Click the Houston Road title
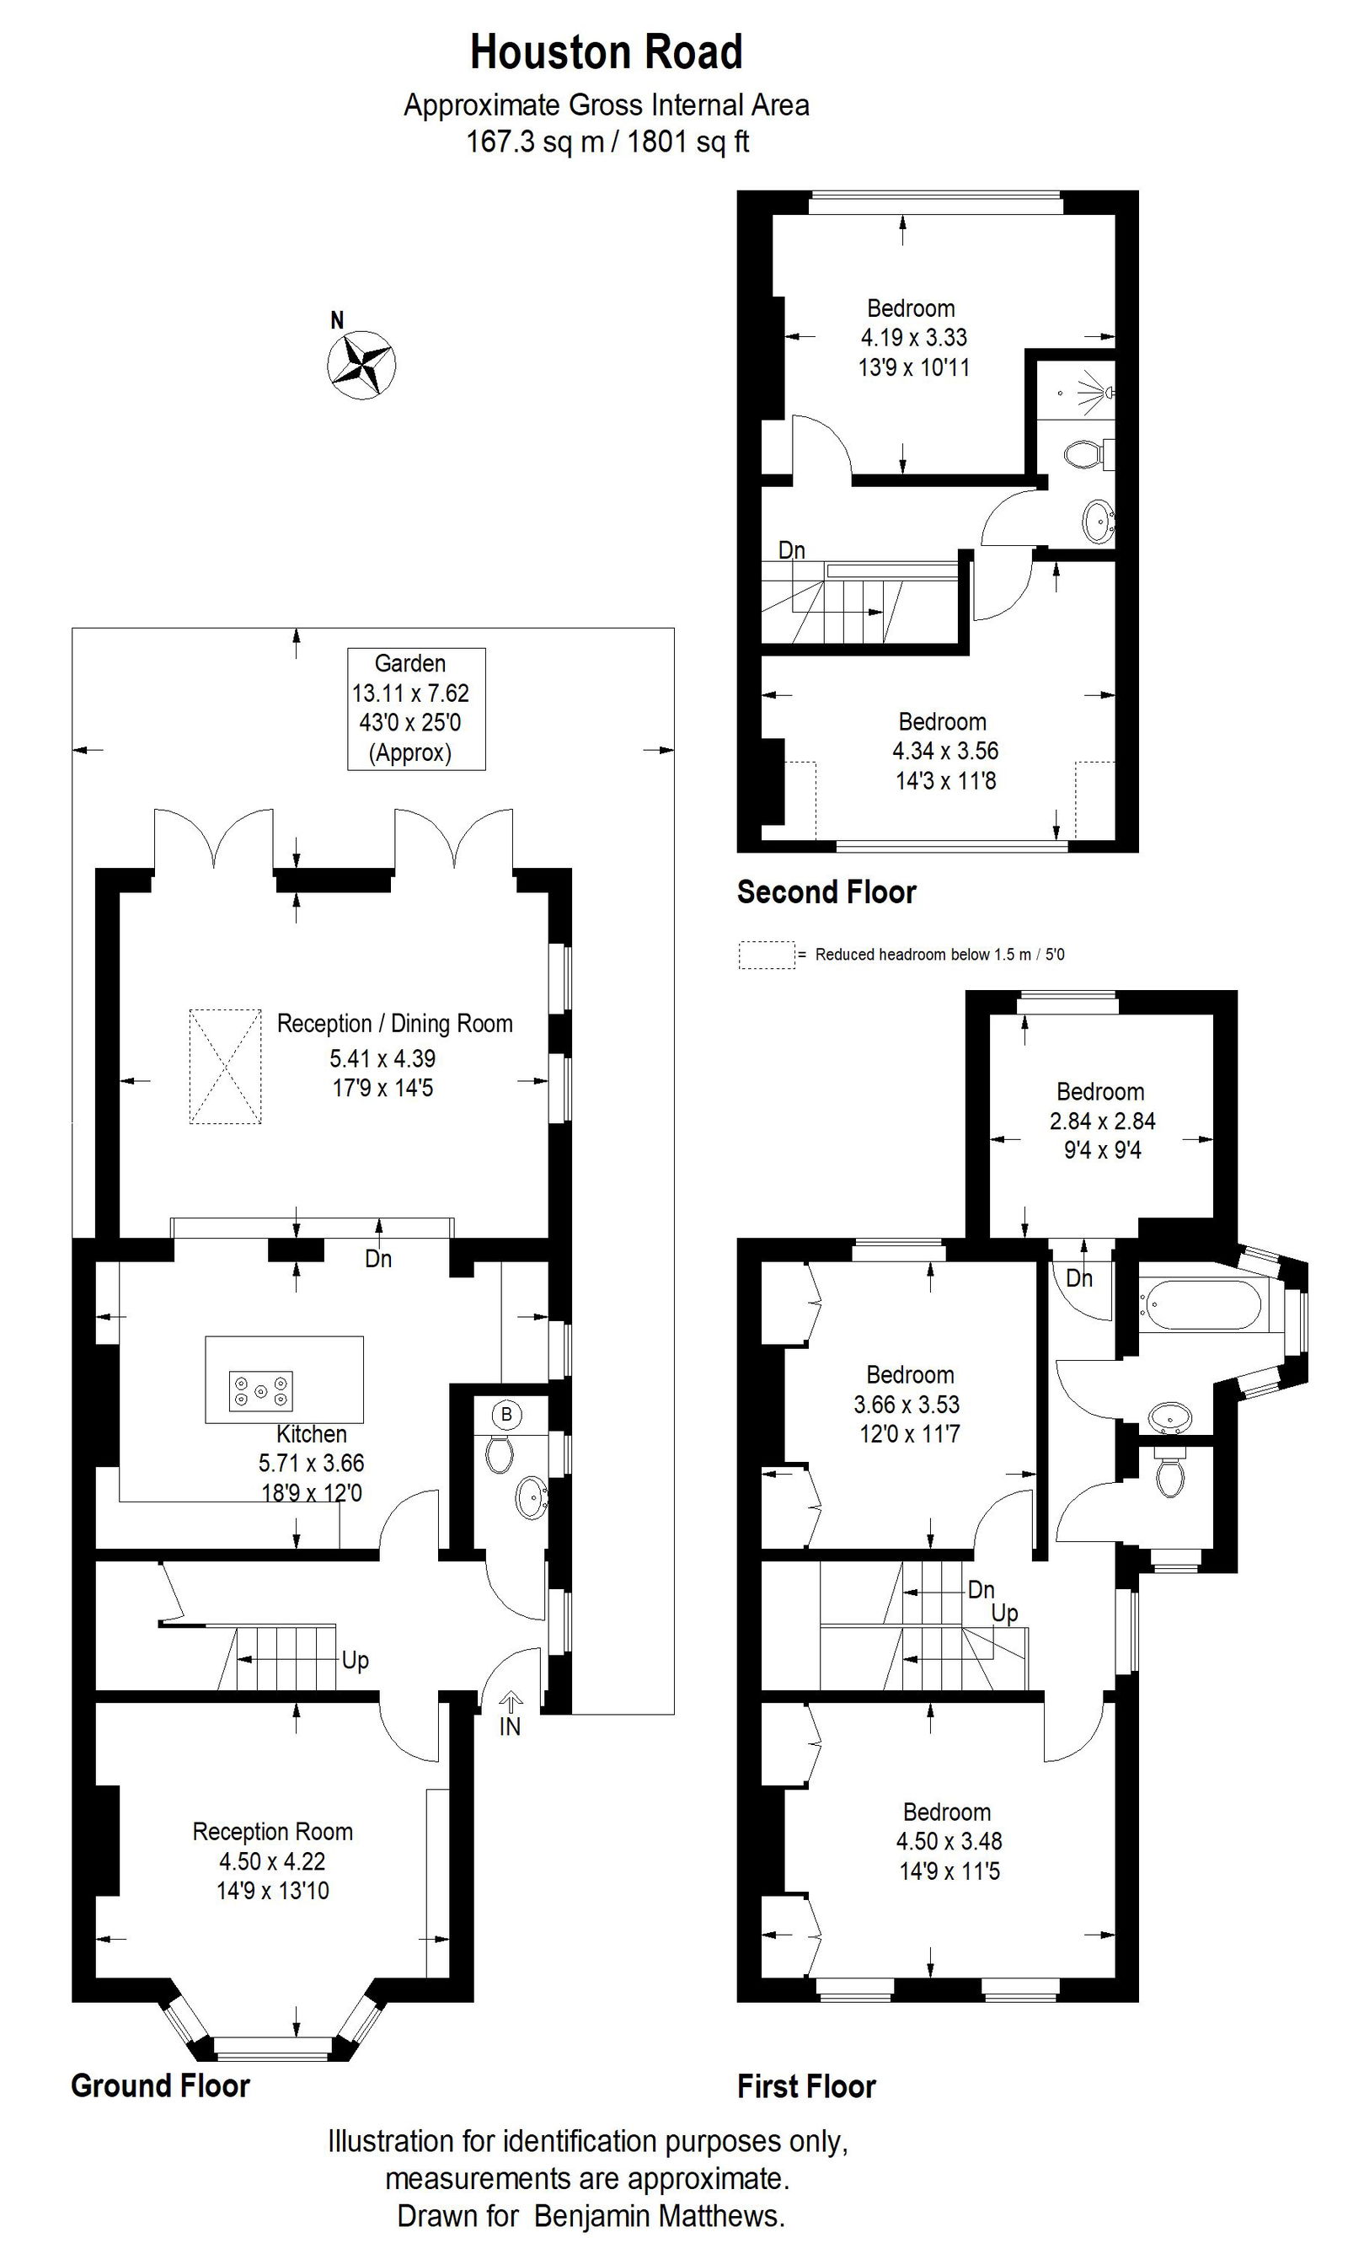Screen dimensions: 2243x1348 pyautogui.click(x=606, y=53)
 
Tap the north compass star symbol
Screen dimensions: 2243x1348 pyautogui.click(x=361, y=363)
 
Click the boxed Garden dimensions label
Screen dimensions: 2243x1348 pyautogui.click(x=416, y=708)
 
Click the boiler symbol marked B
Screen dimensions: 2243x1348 pyautogui.click(x=507, y=1415)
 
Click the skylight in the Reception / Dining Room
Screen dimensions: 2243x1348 pyautogui.click(x=224, y=1067)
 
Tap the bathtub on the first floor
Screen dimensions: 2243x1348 pyautogui.click(x=1199, y=1305)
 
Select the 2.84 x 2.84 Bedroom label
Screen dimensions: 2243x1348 pyautogui.click(x=1101, y=1120)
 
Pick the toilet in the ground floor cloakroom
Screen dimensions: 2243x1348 pyautogui.click(x=498, y=1453)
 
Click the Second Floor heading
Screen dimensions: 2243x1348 pyautogui.click(x=826, y=892)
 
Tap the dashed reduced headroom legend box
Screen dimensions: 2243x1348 pyautogui.click(x=766, y=955)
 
